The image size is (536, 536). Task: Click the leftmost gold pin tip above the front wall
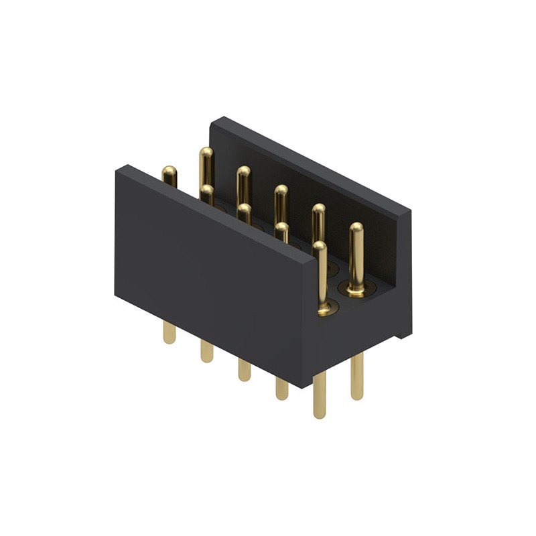(170, 176)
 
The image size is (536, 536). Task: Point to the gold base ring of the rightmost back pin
(356, 289)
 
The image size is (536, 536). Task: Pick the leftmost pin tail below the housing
(170, 332)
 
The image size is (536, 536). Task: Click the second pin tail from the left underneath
(206, 351)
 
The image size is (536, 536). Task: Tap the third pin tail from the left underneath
(244, 370)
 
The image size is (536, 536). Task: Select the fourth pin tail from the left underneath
(281, 389)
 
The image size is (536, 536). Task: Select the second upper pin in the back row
(243, 181)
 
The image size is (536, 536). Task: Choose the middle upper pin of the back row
(281, 200)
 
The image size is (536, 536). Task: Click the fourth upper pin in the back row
(318, 218)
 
